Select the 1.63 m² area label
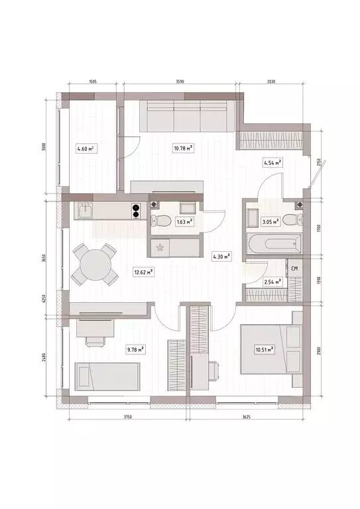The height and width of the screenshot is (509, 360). [184, 222]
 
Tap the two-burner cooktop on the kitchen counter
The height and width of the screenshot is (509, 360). [136, 210]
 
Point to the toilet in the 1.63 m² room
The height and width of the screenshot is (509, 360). [154, 219]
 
